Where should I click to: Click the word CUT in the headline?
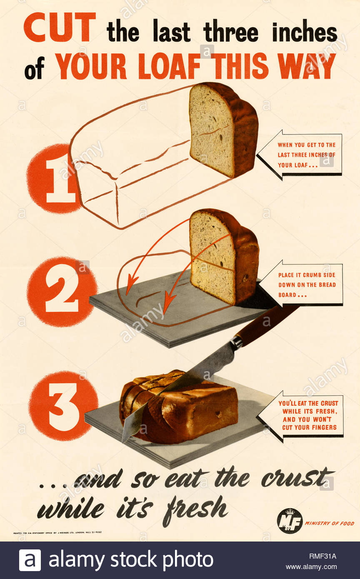pos(59,28)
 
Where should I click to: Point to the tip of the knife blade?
pos(124,439)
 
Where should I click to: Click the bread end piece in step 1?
pos(223,130)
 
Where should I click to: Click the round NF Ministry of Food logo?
pos(290,521)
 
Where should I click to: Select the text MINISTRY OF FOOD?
pos(330,524)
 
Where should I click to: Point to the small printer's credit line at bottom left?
pos(57,532)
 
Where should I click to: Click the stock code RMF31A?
pos(322,556)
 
